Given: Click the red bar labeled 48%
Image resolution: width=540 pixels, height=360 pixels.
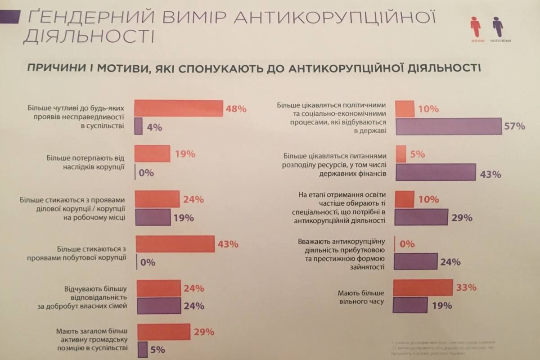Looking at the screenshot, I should tap(179, 108).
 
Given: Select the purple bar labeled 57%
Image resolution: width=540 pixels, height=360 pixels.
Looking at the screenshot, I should tap(449, 126).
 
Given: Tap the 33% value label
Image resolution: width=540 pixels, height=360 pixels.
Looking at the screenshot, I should tap(466, 288).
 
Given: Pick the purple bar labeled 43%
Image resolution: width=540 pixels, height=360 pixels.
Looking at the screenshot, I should tap(436, 172).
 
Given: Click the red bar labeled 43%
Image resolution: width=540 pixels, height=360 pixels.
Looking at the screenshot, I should tap(175, 244).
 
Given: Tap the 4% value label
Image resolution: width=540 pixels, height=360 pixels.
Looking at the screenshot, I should tap(154, 127).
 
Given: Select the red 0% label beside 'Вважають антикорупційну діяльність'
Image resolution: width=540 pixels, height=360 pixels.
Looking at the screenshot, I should tap(407, 244).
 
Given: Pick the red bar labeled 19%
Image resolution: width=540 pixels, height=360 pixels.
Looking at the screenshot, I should tap(153, 153).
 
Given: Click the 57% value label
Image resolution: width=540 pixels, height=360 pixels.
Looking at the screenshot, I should tap(514, 126).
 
